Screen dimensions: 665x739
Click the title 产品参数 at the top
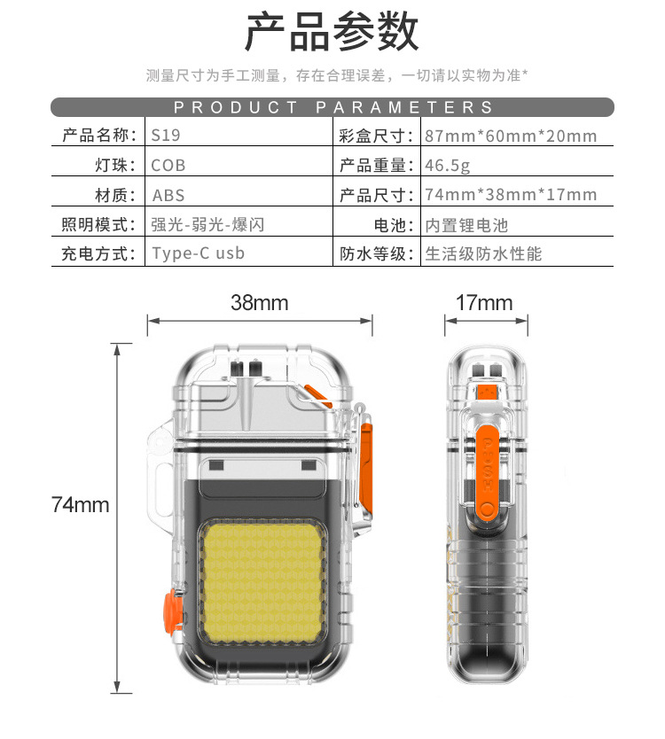(x=332, y=32)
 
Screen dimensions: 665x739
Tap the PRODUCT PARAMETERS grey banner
(x=332, y=107)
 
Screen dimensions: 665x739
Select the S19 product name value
(x=166, y=136)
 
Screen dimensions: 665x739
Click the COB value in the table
(x=168, y=166)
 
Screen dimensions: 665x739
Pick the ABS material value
(x=168, y=195)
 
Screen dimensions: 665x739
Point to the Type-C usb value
(x=198, y=253)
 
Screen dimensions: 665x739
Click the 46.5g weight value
(x=447, y=166)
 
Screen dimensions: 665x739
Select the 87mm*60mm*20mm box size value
(x=511, y=136)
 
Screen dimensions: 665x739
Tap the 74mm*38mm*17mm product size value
(x=511, y=195)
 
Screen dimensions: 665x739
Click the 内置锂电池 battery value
(x=466, y=225)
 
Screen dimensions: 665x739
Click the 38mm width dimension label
(x=260, y=302)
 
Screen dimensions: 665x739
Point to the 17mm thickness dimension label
(x=484, y=302)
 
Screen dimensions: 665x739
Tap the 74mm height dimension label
(x=80, y=505)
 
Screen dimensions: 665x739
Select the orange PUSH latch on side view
(x=487, y=472)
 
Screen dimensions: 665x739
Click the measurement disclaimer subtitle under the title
(x=337, y=75)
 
